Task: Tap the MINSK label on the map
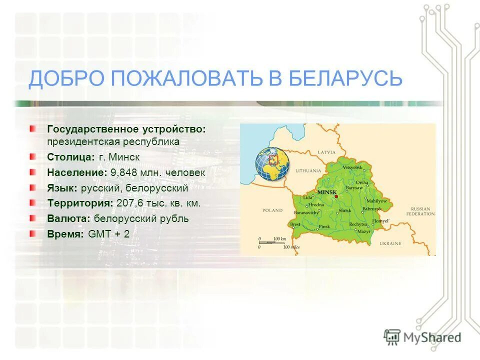[326, 192]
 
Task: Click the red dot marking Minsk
[336, 196]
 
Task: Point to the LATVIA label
[325, 151]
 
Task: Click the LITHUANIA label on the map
[308, 171]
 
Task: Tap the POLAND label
[272, 210]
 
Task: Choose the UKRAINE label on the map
[390, 243]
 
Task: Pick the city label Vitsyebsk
[352, 166]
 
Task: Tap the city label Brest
[295, 224]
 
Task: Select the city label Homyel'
[380, 220]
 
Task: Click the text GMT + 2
[108, 234]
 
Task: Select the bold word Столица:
[71, 157]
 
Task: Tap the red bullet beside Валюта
[32, 218]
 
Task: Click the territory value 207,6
[128, 203]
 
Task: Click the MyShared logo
[422, 337]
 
